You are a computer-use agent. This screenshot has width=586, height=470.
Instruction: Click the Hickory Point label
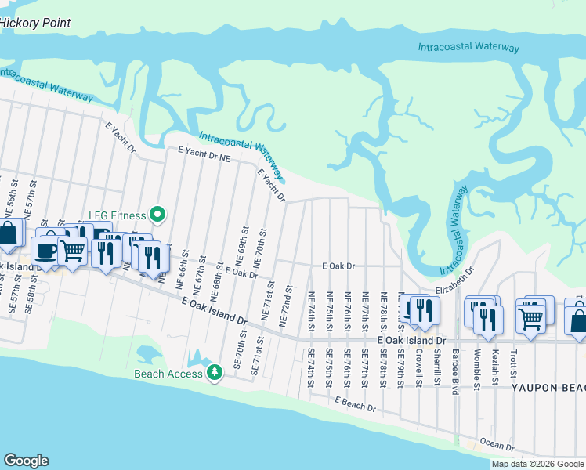coord(35,23)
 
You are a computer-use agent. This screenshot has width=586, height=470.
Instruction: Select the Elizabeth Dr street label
coord(456,282)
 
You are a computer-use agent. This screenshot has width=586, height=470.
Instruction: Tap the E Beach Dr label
coord(355,404)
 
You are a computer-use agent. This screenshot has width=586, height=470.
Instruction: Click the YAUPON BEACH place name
coord(548,388)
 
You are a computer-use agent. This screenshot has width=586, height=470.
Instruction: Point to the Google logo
coord(26,460)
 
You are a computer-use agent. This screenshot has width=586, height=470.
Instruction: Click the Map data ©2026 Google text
coord(537,464)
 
